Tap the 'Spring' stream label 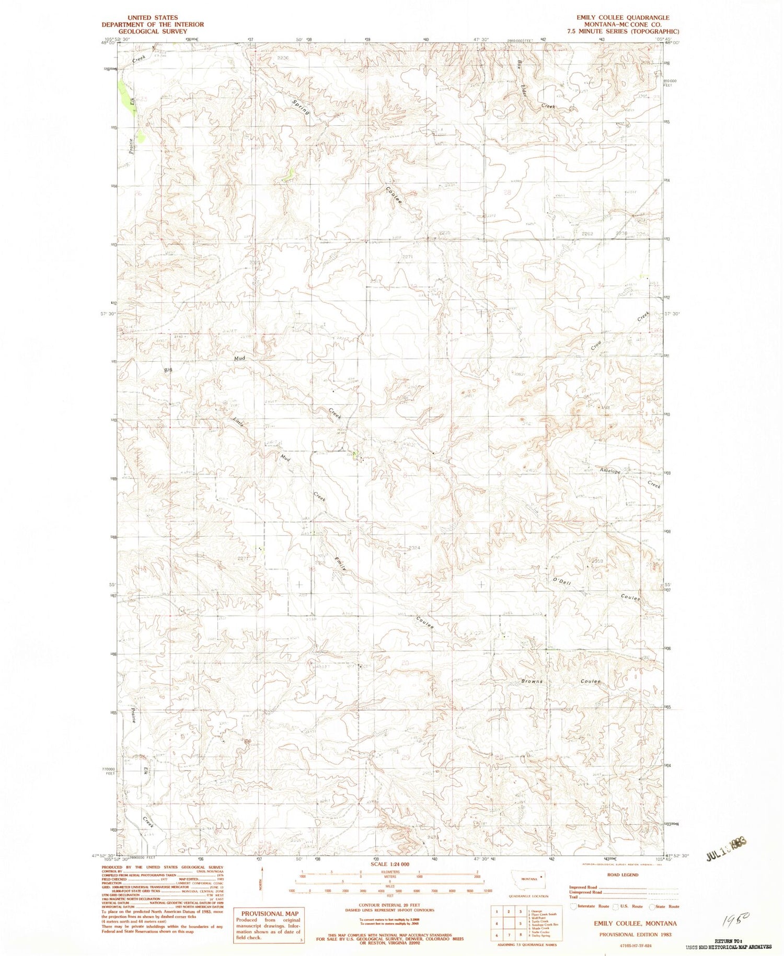[301, 105]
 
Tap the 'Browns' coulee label [532, 682]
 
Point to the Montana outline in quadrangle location [528, 879]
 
